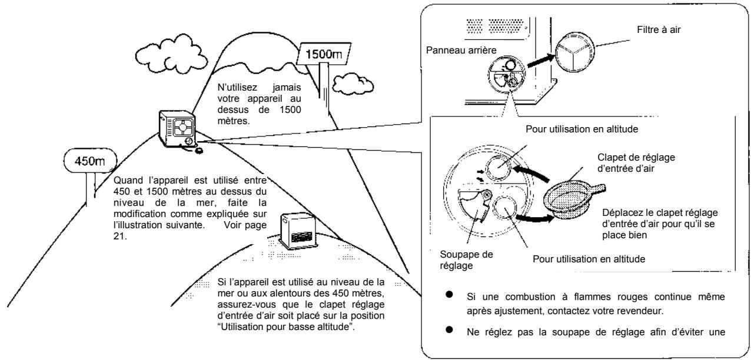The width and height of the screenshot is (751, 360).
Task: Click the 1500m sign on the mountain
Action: (x=327, y=56)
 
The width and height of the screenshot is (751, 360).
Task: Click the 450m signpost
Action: (x=90, y=160)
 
